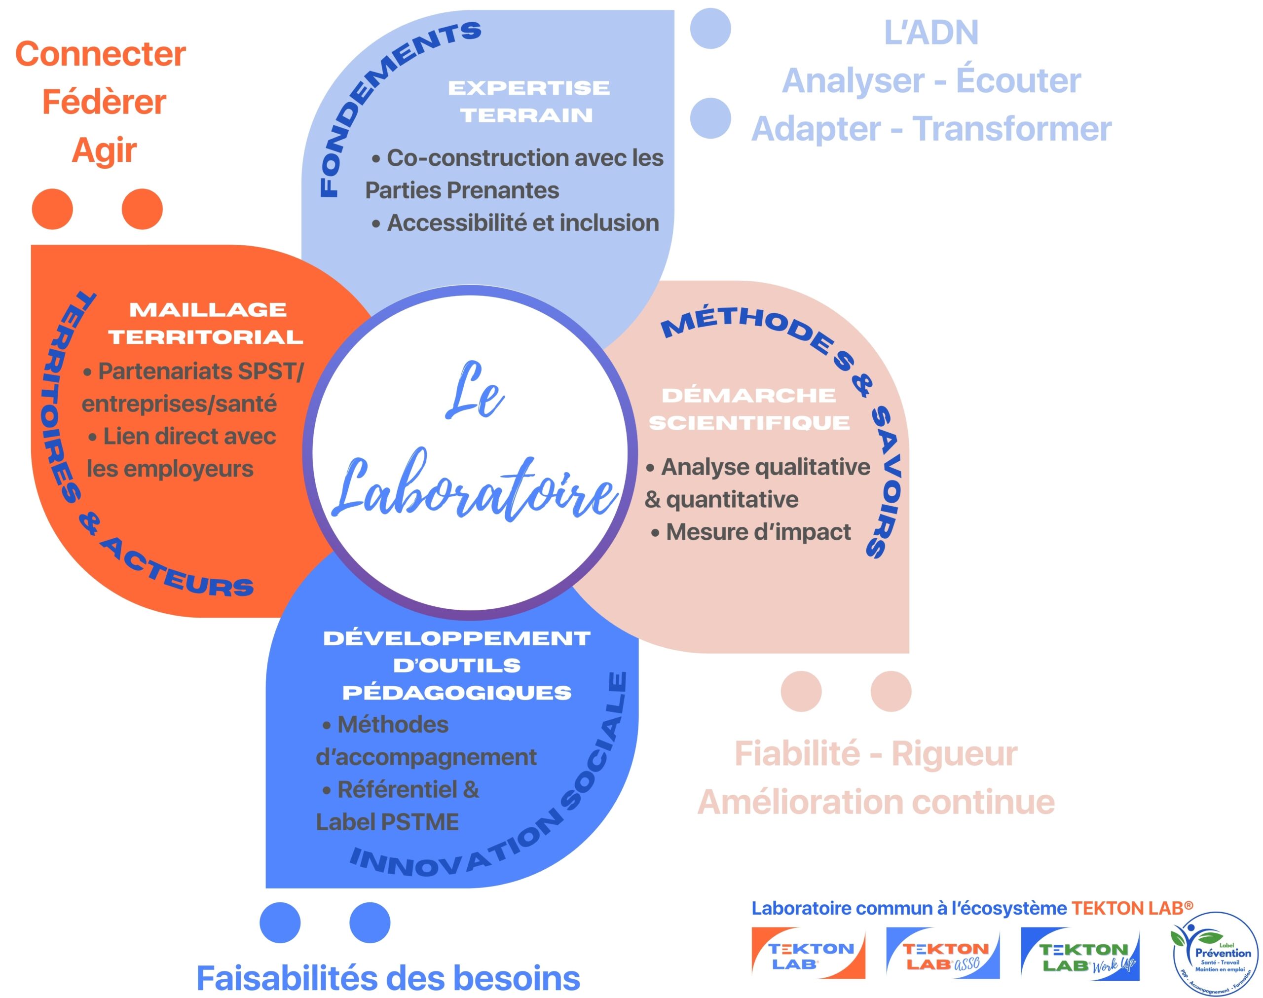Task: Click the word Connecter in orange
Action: (101, 54)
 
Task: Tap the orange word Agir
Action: (104, 151)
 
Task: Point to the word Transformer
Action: (1011, 129)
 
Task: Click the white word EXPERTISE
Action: (529, 88)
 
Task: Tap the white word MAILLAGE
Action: (208, 310)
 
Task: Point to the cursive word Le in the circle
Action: (474, 392)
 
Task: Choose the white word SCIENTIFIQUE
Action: (749, 422)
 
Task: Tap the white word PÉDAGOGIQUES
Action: (457, 693)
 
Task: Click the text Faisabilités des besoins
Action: (388, 977)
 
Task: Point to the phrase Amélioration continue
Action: (876, 802)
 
